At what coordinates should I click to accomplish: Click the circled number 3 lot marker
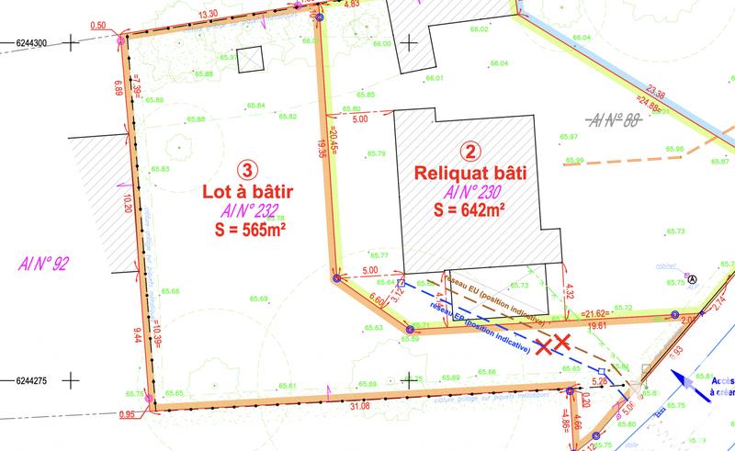(246, 169)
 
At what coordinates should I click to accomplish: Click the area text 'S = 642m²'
(472, 209)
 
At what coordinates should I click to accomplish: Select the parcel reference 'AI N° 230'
(472, 191)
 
